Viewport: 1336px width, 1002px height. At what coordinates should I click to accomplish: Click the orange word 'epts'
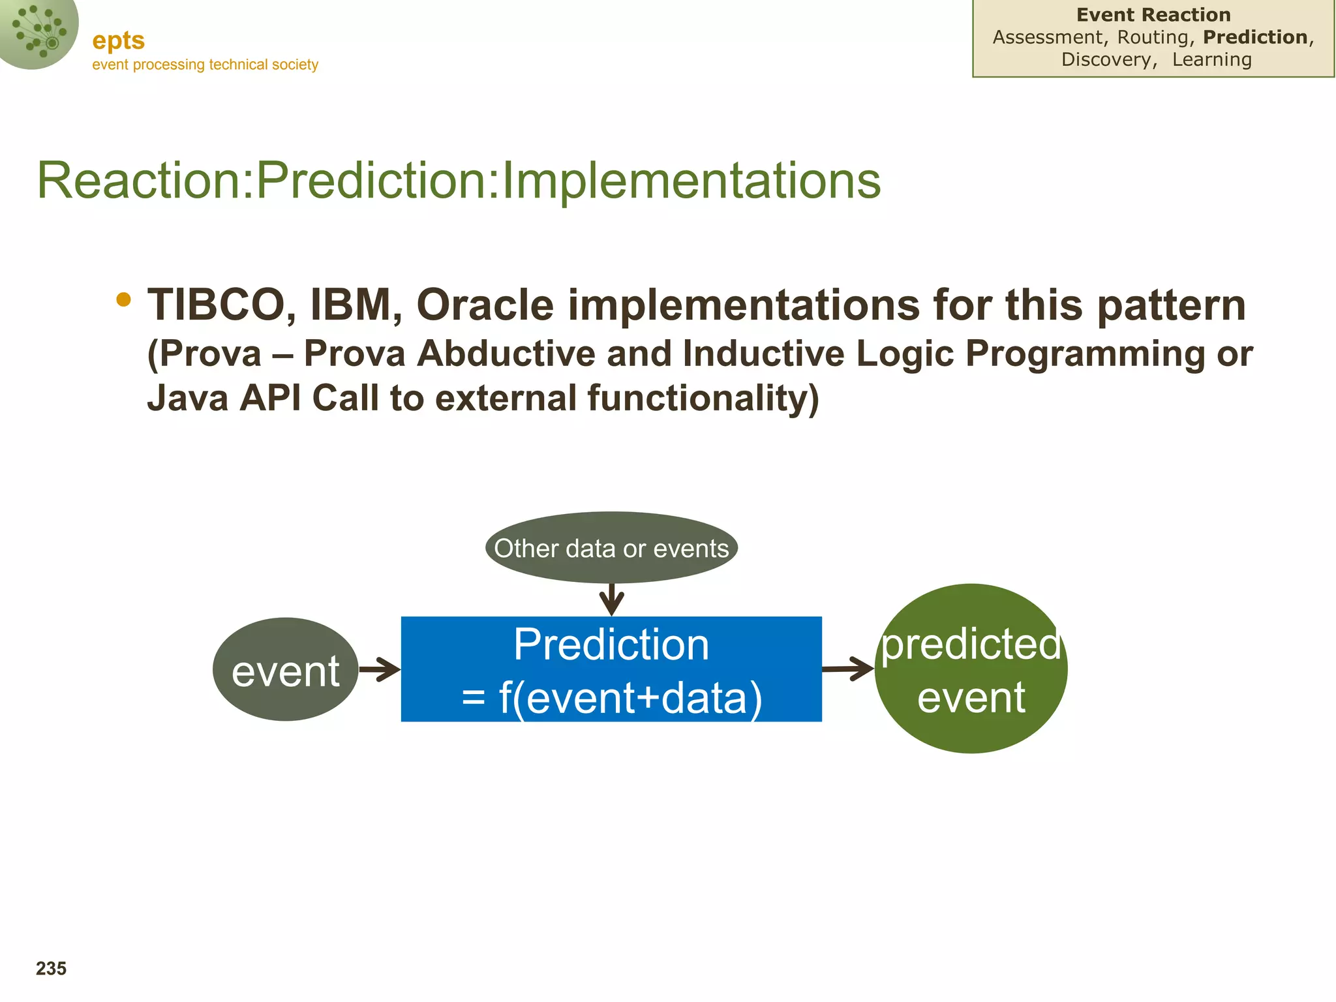pyautogui.click(x=118, y=41)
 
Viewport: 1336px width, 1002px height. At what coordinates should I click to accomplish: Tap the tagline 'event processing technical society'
pyautogui.click(x=205, y=65)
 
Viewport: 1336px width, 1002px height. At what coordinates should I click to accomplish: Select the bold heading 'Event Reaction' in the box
pyautogui.click(x=1153, y=15)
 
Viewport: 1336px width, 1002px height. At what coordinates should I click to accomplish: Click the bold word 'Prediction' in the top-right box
pyautogui.click(x=1255, y=37)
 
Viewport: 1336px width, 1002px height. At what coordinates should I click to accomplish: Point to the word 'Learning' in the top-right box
pyautogui.click(x=1212, y=59)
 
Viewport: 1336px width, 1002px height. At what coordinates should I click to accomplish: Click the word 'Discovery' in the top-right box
pyautogui.click(x=1106, y=59)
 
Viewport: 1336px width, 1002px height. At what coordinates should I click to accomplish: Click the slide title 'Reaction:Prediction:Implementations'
pyautogui.click(x=459, y=180)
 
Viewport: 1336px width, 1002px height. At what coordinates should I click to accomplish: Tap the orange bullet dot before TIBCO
pyautogui.click(x=123, y=299)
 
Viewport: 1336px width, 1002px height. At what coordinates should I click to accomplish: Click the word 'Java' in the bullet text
pyautogui.click(x=188, y=398)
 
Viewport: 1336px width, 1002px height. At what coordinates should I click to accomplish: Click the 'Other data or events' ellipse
pyautogui.click(x=611, y=547)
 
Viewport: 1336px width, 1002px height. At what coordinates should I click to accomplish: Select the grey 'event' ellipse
pyautogui.click(x=286, y=669)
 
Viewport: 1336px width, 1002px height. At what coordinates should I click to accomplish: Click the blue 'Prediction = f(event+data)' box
pyautogui.click(x=611, y=669)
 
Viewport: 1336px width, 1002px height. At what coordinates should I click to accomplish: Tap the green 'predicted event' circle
pyautogui.click(x=971, y=669)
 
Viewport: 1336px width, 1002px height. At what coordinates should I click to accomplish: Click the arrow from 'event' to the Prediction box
pyautogui.click(x=380, y=669)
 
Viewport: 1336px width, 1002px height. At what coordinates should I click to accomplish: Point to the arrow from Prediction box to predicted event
pyautogui.click(x=848, y=669)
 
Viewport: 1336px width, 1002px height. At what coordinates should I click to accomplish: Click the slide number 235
pyautogui.click(x=51, y=969)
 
